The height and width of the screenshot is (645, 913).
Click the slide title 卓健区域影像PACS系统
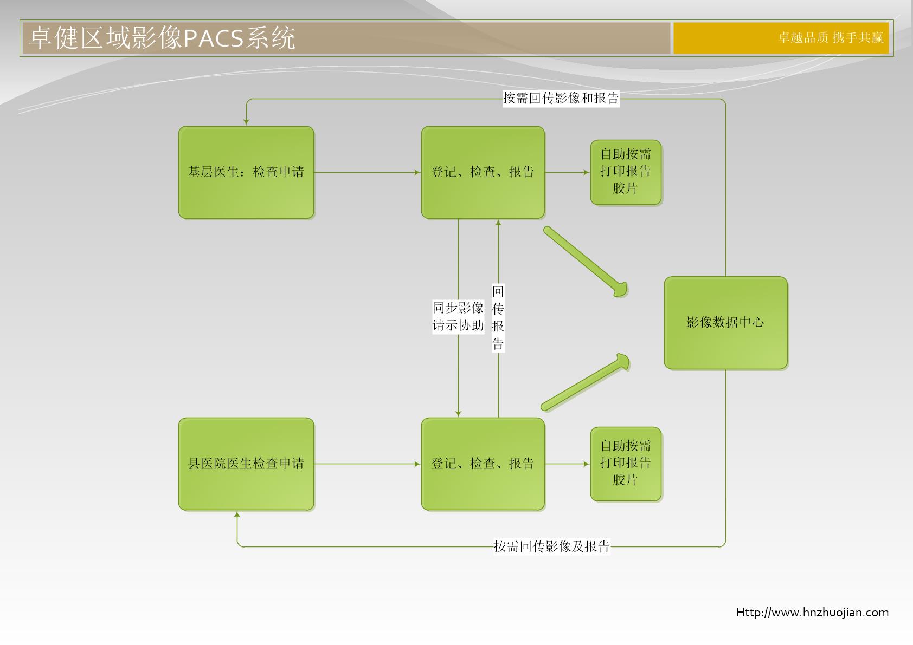click(x=162, y=38)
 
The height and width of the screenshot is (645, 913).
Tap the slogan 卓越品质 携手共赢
click(x=831, y=38)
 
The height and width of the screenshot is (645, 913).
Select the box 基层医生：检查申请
click(x=246, y=172)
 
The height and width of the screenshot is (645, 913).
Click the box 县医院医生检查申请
click(x=246, y=464)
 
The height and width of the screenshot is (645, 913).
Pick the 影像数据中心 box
click(x=725, y=323)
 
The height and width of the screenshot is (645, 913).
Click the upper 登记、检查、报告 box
click(x=483, y=172)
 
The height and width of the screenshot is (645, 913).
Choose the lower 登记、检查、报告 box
click(x=483, y=464)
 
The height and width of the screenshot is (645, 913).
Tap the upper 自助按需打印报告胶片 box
click(x=626, y=172)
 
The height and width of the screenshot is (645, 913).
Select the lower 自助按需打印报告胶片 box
click(x=626, y=464)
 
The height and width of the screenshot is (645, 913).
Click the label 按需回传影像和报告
click(x=561, y=99)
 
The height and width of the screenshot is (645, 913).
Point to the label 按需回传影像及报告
click(x=552, y=546)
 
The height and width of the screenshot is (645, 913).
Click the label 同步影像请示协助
click(x=458, y=316)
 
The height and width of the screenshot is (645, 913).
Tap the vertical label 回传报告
click(x=498, y=317)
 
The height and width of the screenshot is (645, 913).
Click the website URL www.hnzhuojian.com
click(x=812, y=613)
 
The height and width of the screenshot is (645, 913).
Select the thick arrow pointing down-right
click(x=586, y=262)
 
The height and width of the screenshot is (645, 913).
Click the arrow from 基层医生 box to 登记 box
click(x=367, y=172)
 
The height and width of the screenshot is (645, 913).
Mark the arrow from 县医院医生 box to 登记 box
click(x=367, y=464)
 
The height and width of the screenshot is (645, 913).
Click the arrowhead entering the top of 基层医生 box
click(x=246, y=122)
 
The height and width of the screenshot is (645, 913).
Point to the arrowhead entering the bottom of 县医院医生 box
click(x=237, y=514)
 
